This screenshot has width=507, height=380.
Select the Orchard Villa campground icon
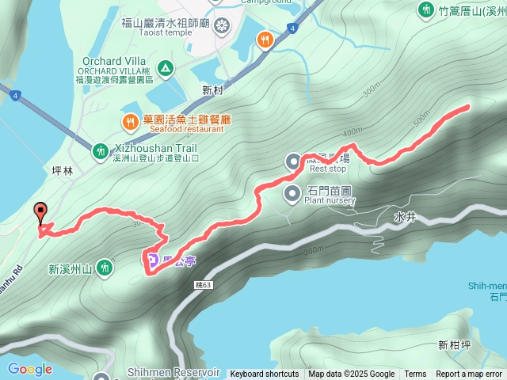(166, 67)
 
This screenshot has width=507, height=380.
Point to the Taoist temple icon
(222, 25)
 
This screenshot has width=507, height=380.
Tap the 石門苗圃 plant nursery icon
(293, 191)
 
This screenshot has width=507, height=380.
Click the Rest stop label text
(328, 169)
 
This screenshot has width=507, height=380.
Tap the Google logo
(29, 369)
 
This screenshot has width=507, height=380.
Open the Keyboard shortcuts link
(265, 374)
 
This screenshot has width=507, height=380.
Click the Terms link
(415, 374)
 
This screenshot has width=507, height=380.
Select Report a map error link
(470, 374)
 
